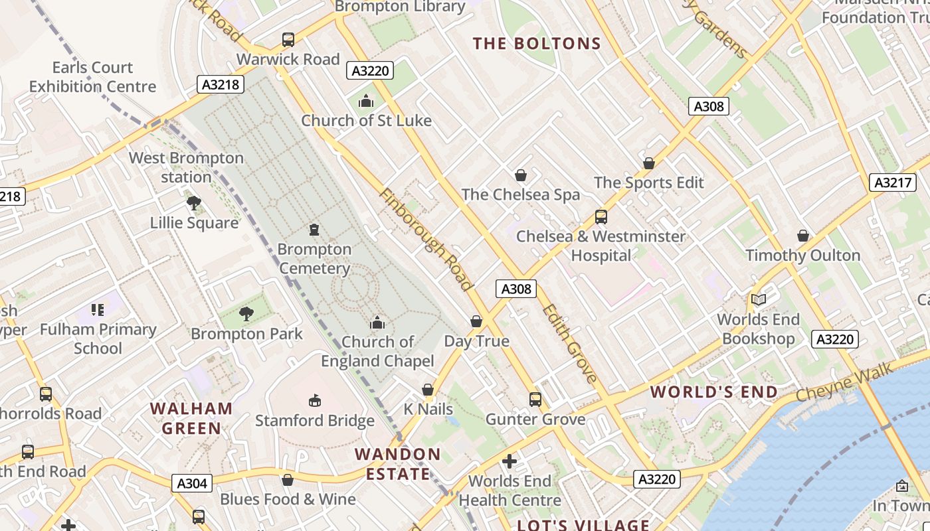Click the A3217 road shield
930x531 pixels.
click(893, 183)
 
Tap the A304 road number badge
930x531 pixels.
click(192, 483)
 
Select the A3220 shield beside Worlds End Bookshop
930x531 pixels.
click(834, 339)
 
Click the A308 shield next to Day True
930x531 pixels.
click(516, 289)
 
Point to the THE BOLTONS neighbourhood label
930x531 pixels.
click(537, 44)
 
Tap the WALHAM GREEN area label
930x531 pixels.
click(192, 418)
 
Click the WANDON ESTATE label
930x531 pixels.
click(397, 464)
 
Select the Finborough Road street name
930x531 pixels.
click(426, 240)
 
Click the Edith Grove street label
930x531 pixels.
click(569, 344)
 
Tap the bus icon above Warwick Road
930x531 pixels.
click(288, 40)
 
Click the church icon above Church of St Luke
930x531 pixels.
click(366, 102)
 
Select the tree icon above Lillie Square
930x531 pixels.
click(193, 203)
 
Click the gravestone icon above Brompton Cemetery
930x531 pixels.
click(314, 230)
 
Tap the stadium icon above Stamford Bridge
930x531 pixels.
click(314, 400)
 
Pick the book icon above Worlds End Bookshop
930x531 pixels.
click(758, 299)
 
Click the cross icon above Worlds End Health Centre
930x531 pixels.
click(510, 461)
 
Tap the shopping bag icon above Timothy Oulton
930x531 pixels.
click(802, 236)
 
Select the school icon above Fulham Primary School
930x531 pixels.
click(98, 309)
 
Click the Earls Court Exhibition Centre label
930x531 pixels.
click(92, 77)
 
